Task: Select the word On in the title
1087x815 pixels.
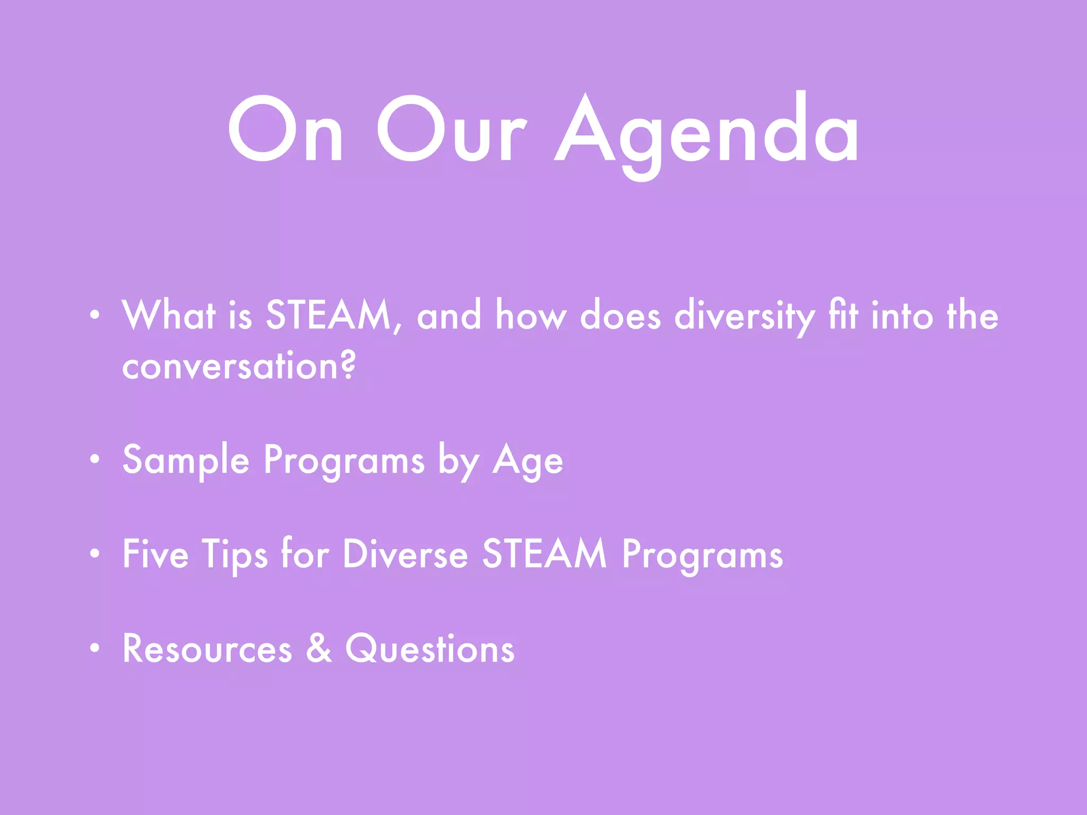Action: pos(286,130)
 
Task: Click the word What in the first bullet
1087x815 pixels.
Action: pos(169,316)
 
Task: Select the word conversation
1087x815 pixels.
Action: pos(229,366)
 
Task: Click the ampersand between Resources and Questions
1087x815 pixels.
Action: pos(319,648)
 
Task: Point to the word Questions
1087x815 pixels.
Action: pos(430,649)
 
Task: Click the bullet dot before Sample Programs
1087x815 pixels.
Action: pos(94,459)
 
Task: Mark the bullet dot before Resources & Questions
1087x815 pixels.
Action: pos(94,648)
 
